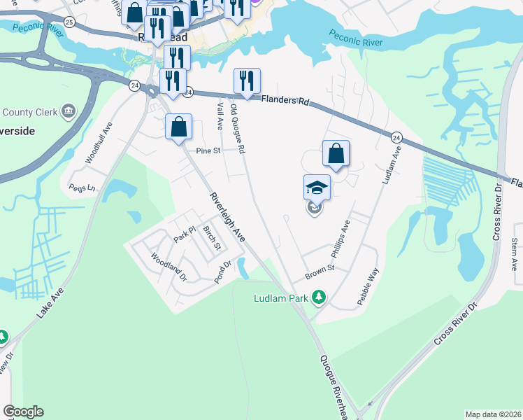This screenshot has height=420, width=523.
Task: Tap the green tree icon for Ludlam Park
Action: pos(319,297)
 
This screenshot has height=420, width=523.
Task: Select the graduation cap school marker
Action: pos(317,188)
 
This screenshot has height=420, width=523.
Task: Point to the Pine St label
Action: pos(208,150)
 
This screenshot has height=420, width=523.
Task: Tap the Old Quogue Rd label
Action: pos(238,129)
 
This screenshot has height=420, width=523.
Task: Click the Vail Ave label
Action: pos(220,115)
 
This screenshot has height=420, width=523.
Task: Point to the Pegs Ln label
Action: pos(80,188)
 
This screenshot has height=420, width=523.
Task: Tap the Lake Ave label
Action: pos(50,302)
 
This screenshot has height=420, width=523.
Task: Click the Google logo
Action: pos(23,412)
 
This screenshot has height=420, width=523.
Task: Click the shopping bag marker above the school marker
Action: pos(336,153)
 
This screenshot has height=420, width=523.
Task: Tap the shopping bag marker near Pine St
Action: pos(179,127)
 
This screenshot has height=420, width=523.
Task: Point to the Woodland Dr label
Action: pos(169,267)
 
